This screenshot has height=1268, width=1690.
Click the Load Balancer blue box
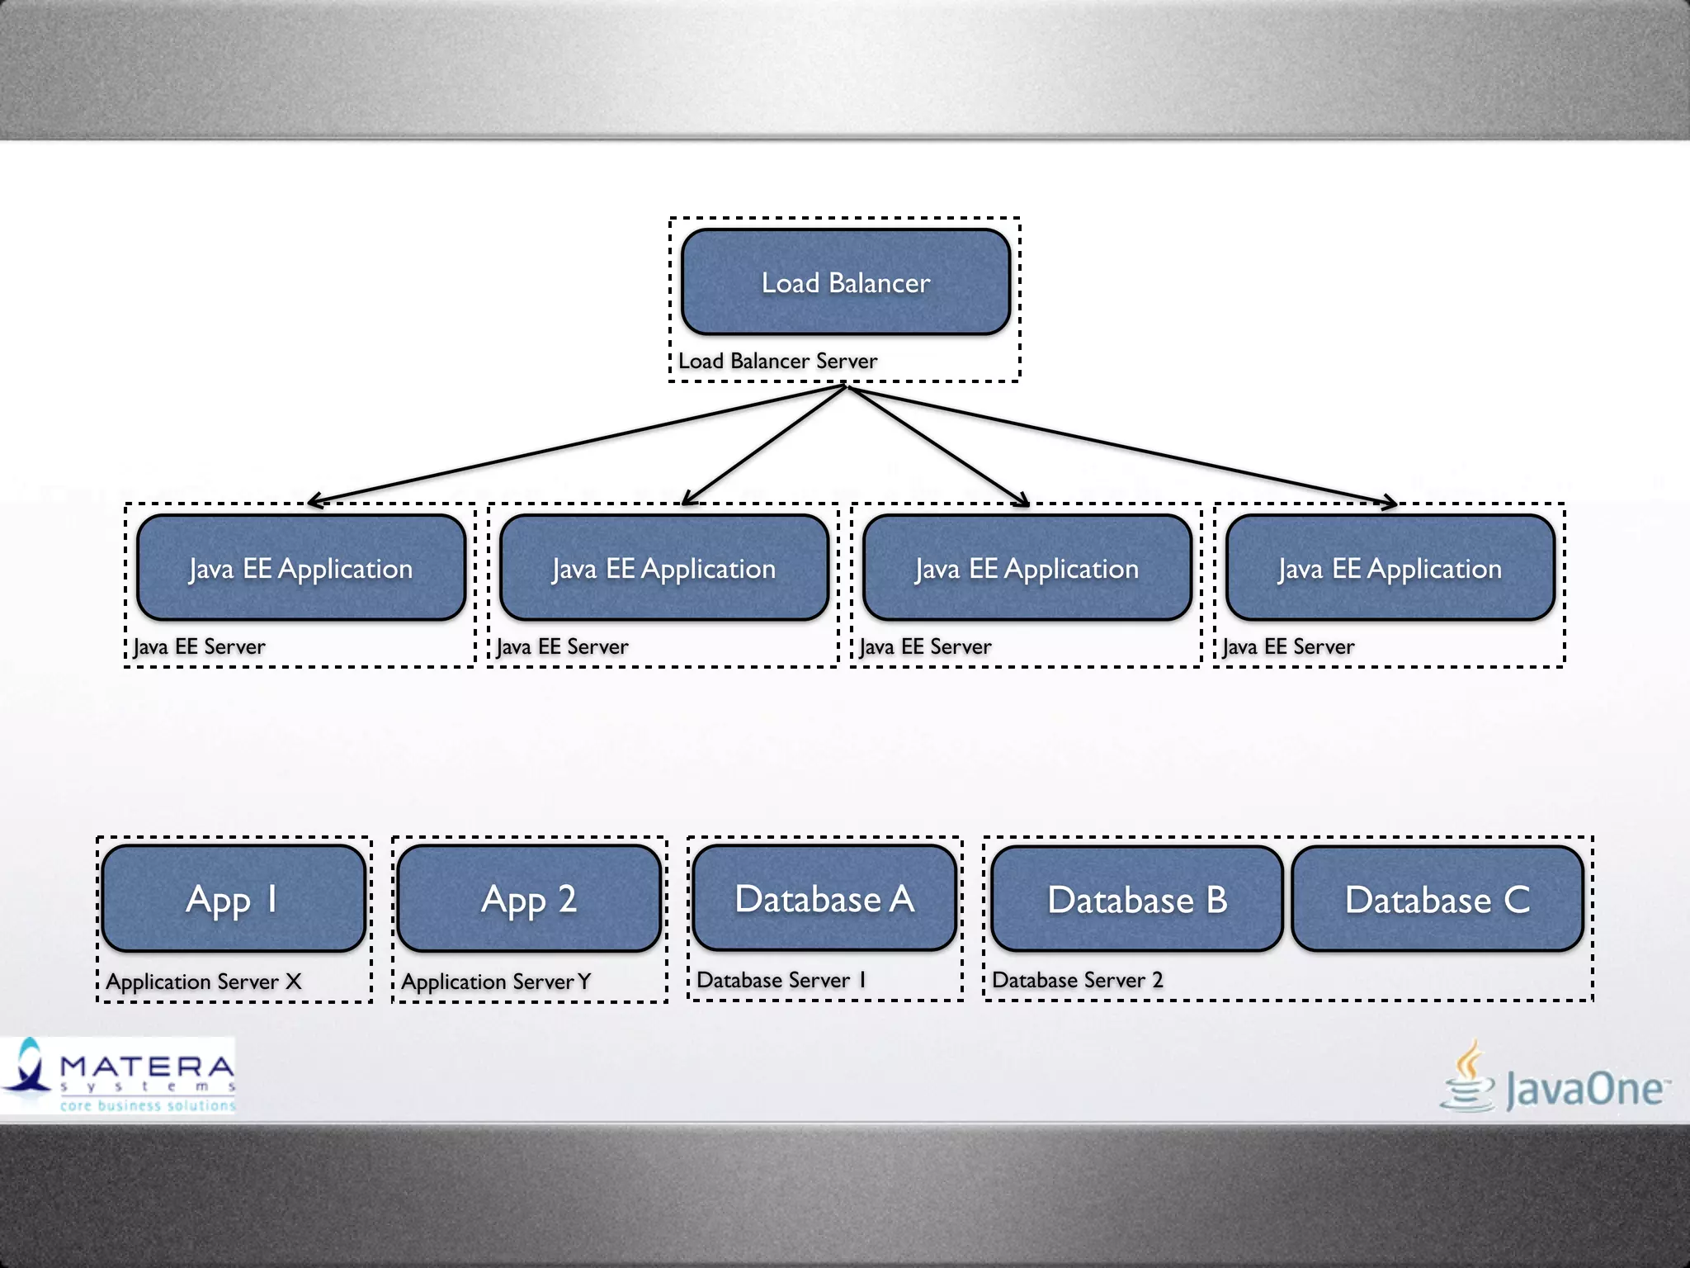coord(846,282)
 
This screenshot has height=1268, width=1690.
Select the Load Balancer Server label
coord(777,361)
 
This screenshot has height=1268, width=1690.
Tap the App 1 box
coord(232,898)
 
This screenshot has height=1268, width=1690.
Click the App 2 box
coord(528,898)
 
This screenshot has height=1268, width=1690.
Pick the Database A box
coord(824,898)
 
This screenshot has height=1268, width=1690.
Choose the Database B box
coord(1136,899)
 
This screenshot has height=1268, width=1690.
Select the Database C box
coord(1437,899)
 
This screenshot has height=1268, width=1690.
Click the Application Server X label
coord(204,982)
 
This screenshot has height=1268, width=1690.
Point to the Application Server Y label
coord(496,982)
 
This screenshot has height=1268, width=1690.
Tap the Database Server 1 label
coord(781,980)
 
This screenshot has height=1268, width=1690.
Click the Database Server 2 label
coord(1077,980)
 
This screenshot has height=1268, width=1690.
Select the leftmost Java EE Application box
coord(301,568)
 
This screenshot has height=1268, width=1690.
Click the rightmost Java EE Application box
coord(1390,568)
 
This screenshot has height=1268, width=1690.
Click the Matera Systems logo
coord(120,1076)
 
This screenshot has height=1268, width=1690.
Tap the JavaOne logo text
coord(1584,1090)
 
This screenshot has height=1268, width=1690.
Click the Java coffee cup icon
coord(1468,1077)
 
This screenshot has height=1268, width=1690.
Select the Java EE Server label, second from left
coord(562,646)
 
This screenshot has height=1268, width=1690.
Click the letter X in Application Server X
coord(293,981)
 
